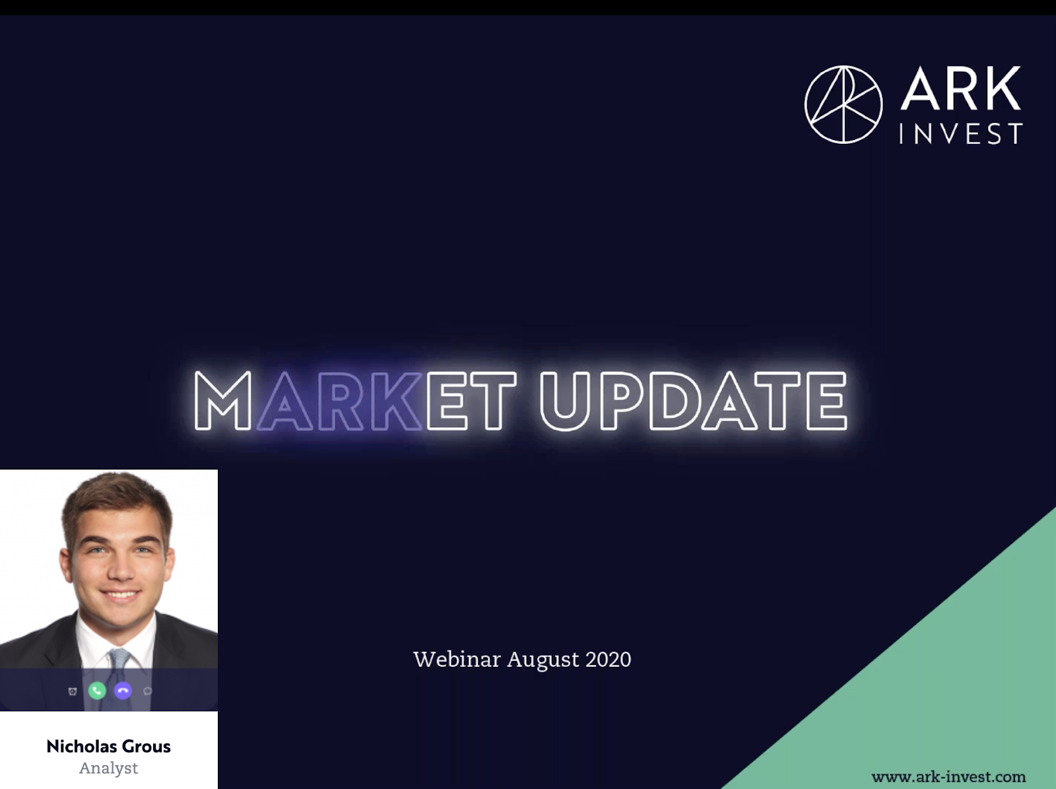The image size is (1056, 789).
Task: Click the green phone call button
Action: click(97, 691)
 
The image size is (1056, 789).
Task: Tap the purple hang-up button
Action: click(123, 691)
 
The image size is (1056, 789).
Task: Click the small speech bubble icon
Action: click(148, 691)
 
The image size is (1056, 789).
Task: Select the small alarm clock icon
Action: click(72, 691)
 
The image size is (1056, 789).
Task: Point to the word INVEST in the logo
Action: click(961, 133)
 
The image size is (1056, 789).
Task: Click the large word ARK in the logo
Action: click(960, 88)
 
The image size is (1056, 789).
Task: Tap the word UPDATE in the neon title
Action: click(693, 400)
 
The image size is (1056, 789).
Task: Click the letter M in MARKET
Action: click(222, 400)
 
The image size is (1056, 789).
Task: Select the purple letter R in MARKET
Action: click(339, 400)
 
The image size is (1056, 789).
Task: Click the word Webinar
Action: click(457, 659)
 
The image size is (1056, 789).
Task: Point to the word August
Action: click(543, 660)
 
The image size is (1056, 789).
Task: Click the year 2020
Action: click(608, 660)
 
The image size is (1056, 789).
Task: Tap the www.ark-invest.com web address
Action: click(948, 777)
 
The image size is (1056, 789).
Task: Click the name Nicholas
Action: click(81, 746)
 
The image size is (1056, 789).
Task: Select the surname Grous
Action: click(147, 747)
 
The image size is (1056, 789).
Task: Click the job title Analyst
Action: click(109, 769)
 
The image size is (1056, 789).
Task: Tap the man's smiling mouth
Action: click(120, 596)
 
